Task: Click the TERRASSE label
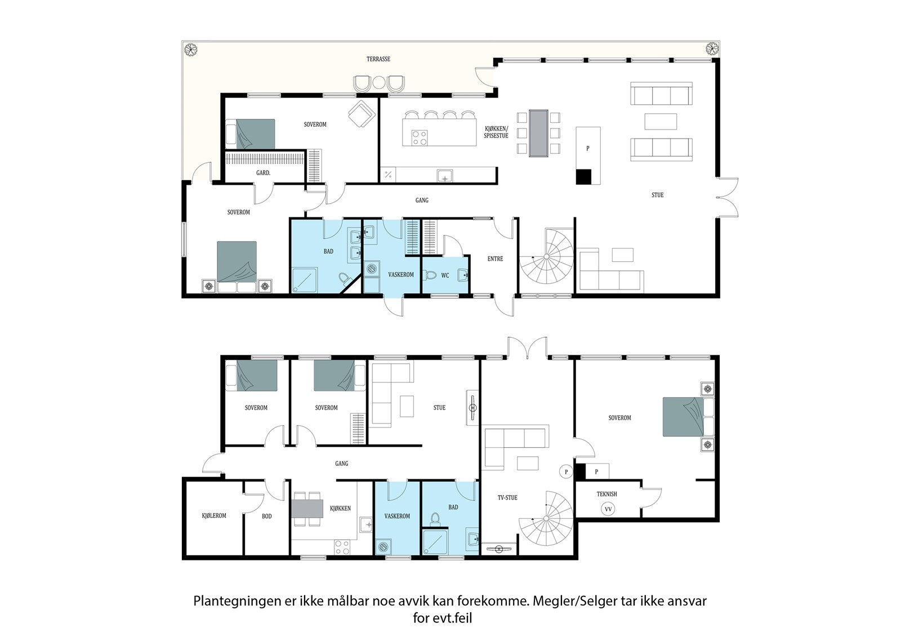pyautogui.click(x=378, y=59)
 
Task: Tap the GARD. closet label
pyautogui.click(x=263, y=173)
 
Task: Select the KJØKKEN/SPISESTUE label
pyautogui.click(x=496, y=132)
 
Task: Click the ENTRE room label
pyautogui.click(x=495, y=259)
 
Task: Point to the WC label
pyautogui.click(x=445, y=275)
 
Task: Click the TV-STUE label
pyautogui.click(x=507, y=498)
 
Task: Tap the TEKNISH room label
pyautogui.click(x=606, y=494)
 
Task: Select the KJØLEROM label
pyautogui.click(x=214, y=515)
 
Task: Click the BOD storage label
pyautogui.click(x=267, y=516)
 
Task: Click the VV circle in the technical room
pyautogui.click(x=608, y=510)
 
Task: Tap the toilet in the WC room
pyautogui.click(x=430, y=275)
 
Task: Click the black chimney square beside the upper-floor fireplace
pyautogui.click(x=583, y=177)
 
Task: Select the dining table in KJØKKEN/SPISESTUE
pyautogui.click(x=538, y=133)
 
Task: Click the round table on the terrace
pyautogui.click(x=379, y=82)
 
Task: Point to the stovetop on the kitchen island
pyautogui.click(x=419, y=137)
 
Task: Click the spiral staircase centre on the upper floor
pyautogui.click(x=546, y=256)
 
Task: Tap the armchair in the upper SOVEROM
pyautogui.click(x=362, y=114)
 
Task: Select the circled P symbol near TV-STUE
pyautogui.click(x=566, y=472)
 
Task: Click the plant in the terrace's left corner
pyautogui.click(x=191, y=50)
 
